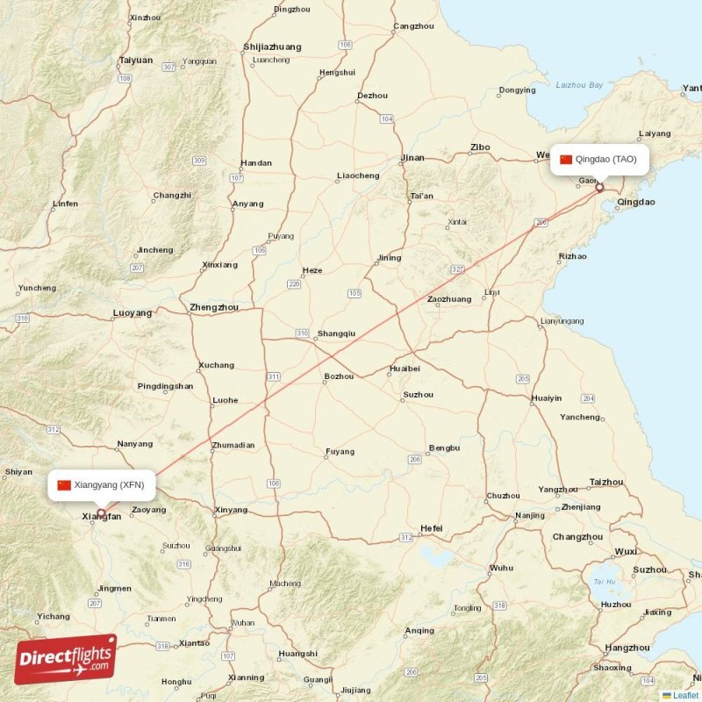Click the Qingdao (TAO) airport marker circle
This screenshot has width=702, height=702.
pyautogui.click(x=600, y=187)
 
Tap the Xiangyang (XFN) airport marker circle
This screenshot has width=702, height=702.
pyautogui.click(x=102, y=513)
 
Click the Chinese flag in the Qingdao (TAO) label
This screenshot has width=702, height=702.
pyautogui.click(x=566, y=159)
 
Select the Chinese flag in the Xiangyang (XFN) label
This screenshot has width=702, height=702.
pyautogui.click(x=64, y=484)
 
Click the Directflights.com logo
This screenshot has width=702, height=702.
pyautogui.click(x=66, y=658)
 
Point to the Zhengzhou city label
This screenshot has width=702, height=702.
pyautogui.click(x=214, y=307)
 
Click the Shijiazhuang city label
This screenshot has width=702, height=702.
pyautogui.click(x=272, y=47)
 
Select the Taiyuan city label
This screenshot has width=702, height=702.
pyautogui.click(x=136, y=61)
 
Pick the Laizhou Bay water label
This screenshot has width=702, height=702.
pyautogui.click(x=580, y=85)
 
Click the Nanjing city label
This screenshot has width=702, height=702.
pyautogui.click(x=530, y=515)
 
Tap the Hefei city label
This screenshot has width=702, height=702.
pyautogui.click(x=431, y=528)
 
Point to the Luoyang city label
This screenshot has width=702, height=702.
pyautogui.click(x=133, y=312)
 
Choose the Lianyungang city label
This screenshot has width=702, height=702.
pyautogui.click(x=562, y=321)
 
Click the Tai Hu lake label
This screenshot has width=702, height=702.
pyautogui.click(x=604, y=581)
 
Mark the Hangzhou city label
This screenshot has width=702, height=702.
pyautogui.click(x=627, y=648)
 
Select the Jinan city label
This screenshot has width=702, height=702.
pyautogui.click(x=412, y=158)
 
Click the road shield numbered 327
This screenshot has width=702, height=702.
pyautogui.click(x=457, y=269)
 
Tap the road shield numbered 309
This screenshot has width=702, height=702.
pyautogui.click(x=199, y=161)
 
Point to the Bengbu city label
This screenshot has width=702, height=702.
pyautogui.click(x=444, y=448)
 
